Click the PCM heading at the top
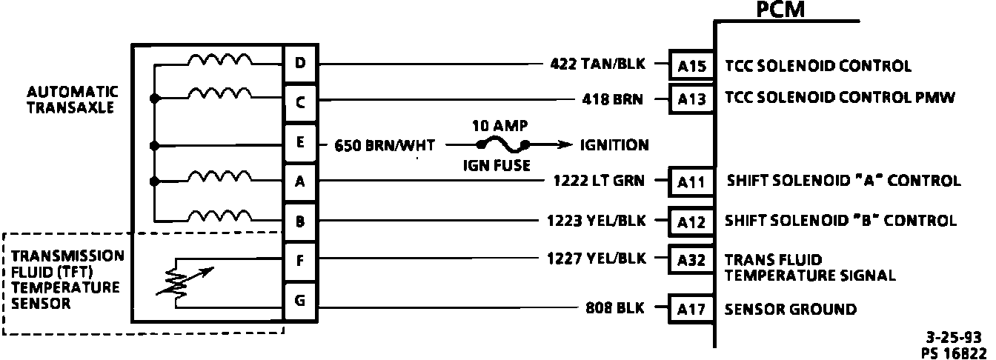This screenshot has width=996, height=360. point(780,10)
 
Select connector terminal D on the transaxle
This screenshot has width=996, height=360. point(300,63)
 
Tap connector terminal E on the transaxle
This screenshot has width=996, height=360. point(300,143)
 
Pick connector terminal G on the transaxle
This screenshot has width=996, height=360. point(300,301)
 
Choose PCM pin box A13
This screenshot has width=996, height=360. point(692,99)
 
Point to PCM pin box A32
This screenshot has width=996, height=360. point(692,260)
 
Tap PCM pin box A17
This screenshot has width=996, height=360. point(692,309)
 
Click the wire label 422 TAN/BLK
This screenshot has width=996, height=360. point(597,64)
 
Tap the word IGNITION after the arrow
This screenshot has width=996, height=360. point(614,145)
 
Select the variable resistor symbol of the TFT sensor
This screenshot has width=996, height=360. point(179,281)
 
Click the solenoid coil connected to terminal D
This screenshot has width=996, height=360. point(219,60)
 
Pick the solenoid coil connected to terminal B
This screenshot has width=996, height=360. point(219,216)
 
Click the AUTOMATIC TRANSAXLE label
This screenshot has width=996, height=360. point(73,99)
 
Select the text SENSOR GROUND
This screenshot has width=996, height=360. point(790,309)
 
